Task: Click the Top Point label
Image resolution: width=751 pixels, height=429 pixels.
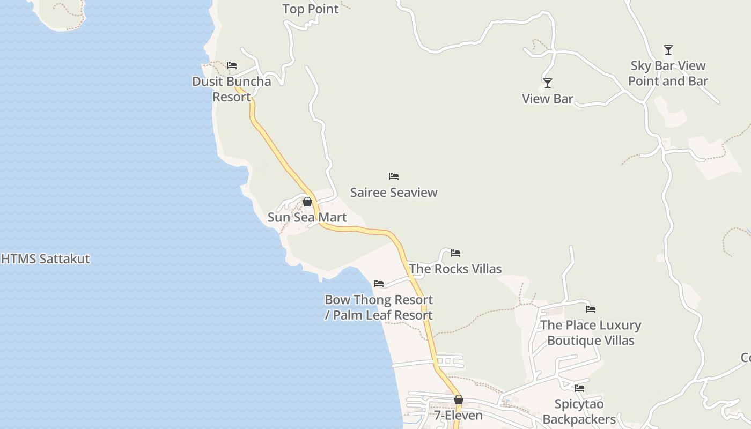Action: [x=311, y=9]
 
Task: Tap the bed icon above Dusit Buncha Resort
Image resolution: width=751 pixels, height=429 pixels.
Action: [x=232, y=65]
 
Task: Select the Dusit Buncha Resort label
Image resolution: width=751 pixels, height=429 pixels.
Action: [x=232, y=89]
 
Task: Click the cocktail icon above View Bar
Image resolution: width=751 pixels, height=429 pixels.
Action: [x=548, y=83]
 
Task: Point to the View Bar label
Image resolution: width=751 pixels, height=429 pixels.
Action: [x=548, y=99]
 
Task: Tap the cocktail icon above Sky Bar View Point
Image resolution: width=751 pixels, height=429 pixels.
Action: [x=668, y=50]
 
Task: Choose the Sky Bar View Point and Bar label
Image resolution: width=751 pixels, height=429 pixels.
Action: [x=668, y=73]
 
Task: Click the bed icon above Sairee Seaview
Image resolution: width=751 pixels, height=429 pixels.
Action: [x=394, y=176]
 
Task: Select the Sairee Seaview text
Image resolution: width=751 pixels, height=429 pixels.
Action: [x=394, y=193]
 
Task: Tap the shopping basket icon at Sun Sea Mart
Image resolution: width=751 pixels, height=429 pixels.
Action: [x=307, y=202]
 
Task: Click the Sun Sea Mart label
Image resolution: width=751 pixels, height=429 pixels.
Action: [x=307, y=217]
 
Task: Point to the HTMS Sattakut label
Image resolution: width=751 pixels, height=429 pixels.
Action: [x=46, y=259]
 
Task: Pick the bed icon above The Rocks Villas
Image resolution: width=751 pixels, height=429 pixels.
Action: [x=455, y=253]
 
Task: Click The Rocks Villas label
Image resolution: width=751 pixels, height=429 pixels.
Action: [x=455, y=269]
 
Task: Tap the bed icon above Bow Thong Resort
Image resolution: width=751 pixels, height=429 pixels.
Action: [x=379, y=284]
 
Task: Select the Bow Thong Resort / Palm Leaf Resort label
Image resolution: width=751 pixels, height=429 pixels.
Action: [x=379, y=307]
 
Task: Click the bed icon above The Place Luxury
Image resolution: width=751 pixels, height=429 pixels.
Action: [x=591, y=309]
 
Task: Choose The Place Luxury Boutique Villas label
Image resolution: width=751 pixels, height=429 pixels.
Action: [x=591, y=332]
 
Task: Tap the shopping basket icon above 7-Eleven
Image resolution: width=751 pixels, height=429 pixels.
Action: [x=459, y=400]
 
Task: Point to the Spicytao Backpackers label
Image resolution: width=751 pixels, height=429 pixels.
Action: [x=579, y=411]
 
